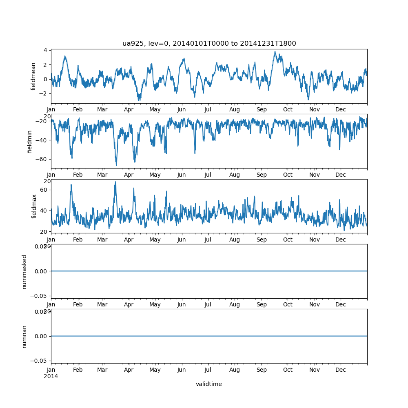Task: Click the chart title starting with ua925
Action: (x=209, y=43)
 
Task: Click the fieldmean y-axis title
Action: (x=33, y=76)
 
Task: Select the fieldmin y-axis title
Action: (x=30, y=141)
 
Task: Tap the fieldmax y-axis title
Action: (x=34, y=206)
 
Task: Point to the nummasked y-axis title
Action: (x=24, y=271)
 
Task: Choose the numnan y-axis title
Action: (x=24, y=336)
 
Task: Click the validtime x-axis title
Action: (x=208, y=384)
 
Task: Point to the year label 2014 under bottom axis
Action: (x=51, y=376)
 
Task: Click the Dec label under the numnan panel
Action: (x=340, y=370)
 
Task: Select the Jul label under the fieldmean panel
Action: (x=208, y=109)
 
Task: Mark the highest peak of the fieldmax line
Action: (x=116, y=182)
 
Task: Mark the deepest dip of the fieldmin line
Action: (x=116, y=165)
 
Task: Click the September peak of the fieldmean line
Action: (x=275, y=52)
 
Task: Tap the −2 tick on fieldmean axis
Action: (x=44, y=93)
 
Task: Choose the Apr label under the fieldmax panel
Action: (x=129, y=239)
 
